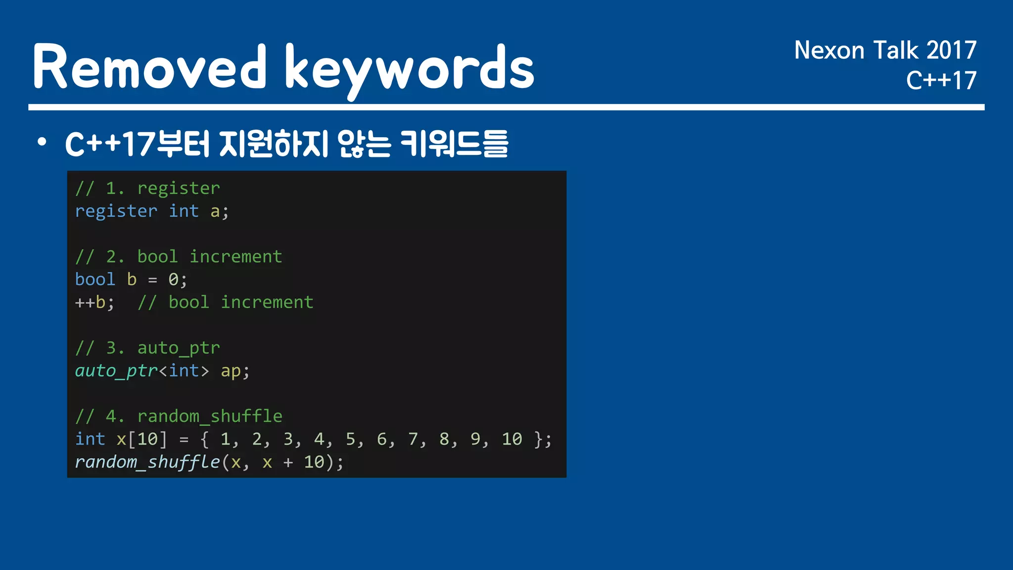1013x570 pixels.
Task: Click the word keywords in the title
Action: pyautogui.click(x=410, y=69)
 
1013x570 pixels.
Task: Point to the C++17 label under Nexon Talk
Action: pyautogui.click(x=941, y=81)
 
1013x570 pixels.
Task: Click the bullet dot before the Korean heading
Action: pyautogui.click(x=42, y=142)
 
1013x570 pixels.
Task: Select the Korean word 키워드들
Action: pyautogui.click(x=454, y=144)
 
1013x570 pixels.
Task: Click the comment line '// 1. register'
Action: pyautogui.click(x=147, y=189)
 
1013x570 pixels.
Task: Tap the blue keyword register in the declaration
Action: pyautogui.click(x=116, y=211)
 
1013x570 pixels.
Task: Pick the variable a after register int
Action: pyautogui.click(x=215, y=212)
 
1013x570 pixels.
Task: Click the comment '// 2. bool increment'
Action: pyautogui.click(x=179, y=257)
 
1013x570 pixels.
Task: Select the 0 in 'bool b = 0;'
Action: pyautogui.click(x=173, y=280)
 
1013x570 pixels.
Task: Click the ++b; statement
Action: pyautogui.click(x=94, y=302)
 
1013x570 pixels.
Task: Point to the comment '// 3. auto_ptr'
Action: pyautogui.click(x=147, y=348)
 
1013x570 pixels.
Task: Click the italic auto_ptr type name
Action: pyautogui.click(x=116, y=371)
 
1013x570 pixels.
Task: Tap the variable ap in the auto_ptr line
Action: pyautogui.click(x=230, y=371)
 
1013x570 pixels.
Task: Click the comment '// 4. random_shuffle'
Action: pyautogui.click(x=179, y=417)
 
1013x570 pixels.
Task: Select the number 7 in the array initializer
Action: pyautogui.click(x=413, y=439)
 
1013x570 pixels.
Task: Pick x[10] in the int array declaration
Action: pyautogui.click(x=141, y=439)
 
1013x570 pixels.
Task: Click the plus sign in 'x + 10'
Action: pyautogui.click(x=288, y=463)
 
